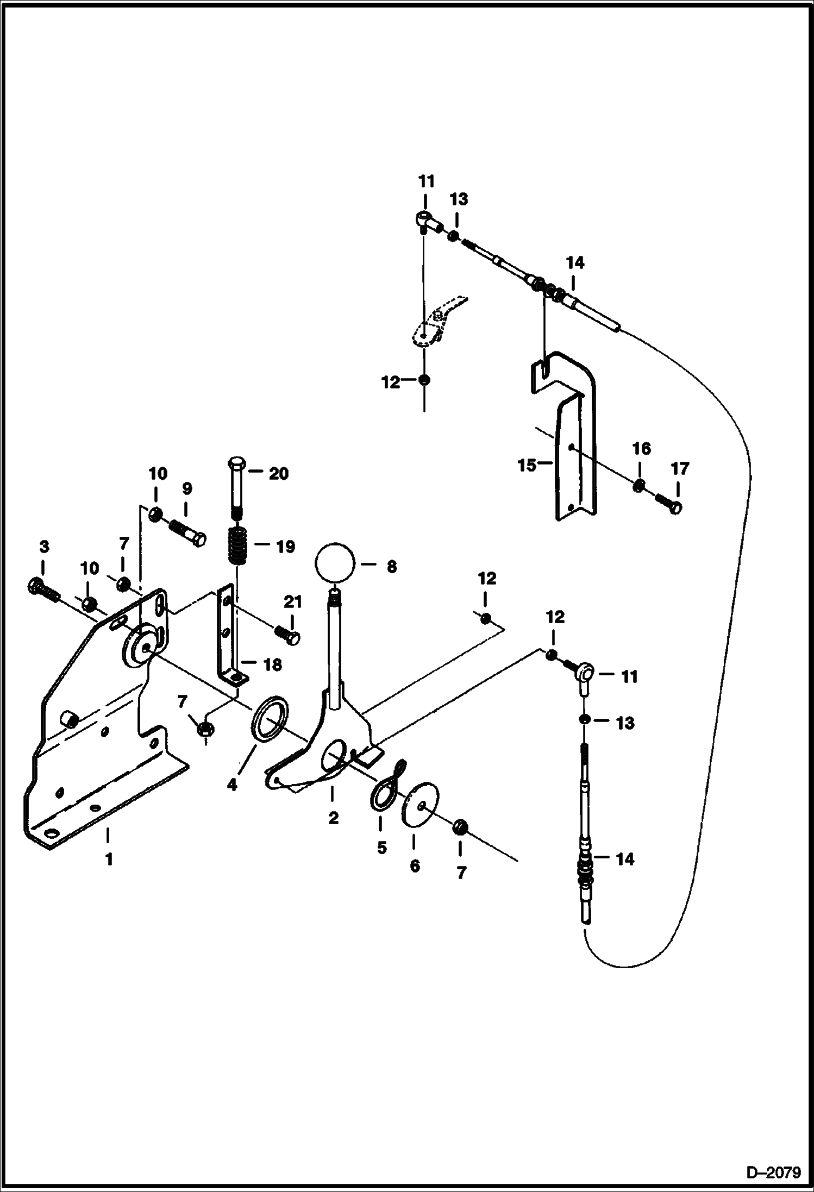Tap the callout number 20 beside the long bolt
pyautogui.click(x=278, y=474)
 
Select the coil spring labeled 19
pyautogui.click(x=237, y=546)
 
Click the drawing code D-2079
pyautogui.click(x=773, y=1172)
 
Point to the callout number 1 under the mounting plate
pyautogui.click(x=109, y=860)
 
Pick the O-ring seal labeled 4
pyautogui.click(x=270, y=720)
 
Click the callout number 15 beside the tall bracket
pyautogui.click(x=527, y=466)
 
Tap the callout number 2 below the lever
pyautogui.click(x=333, y=818)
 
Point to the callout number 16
pyautogui.click(x=641, y=449)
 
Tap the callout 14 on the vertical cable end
pyautogui.click(x=624, y=859)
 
